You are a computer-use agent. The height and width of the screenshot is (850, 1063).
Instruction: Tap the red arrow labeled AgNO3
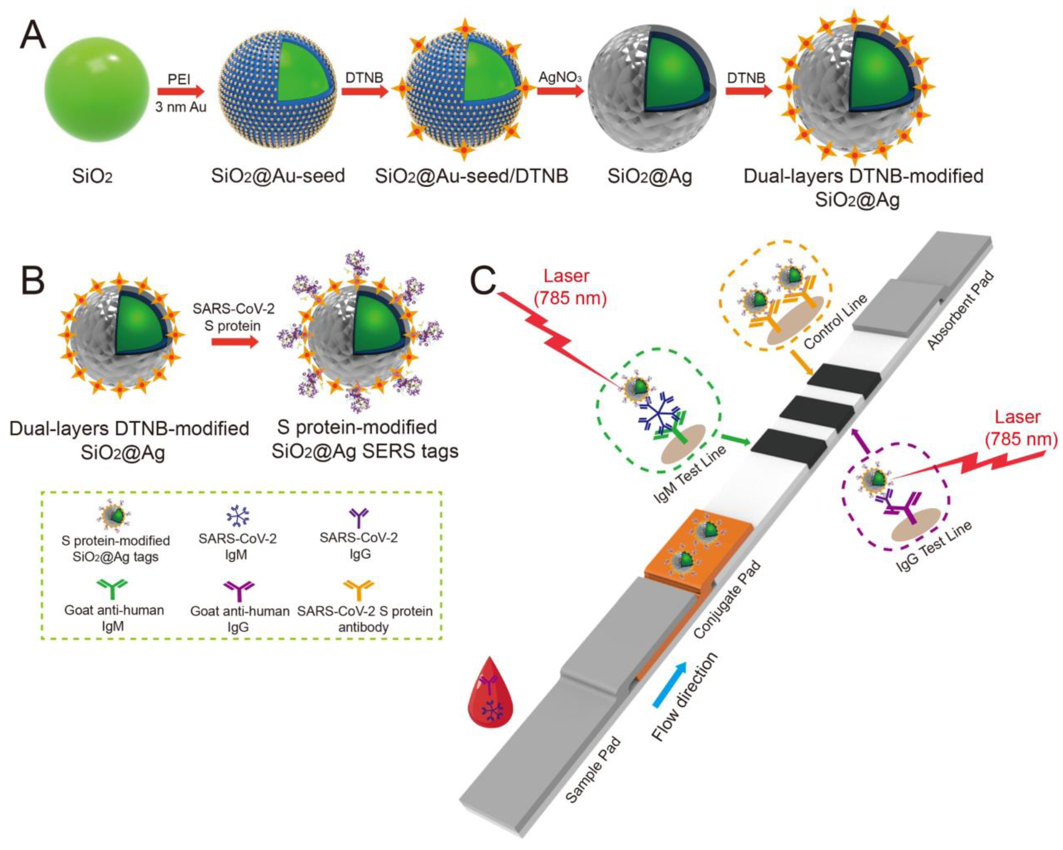[x=560, y=91]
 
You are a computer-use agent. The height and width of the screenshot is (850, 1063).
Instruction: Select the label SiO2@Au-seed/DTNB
[x=471, y=176]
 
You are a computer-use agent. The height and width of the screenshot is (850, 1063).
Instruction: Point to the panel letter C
[x=482, y=281]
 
